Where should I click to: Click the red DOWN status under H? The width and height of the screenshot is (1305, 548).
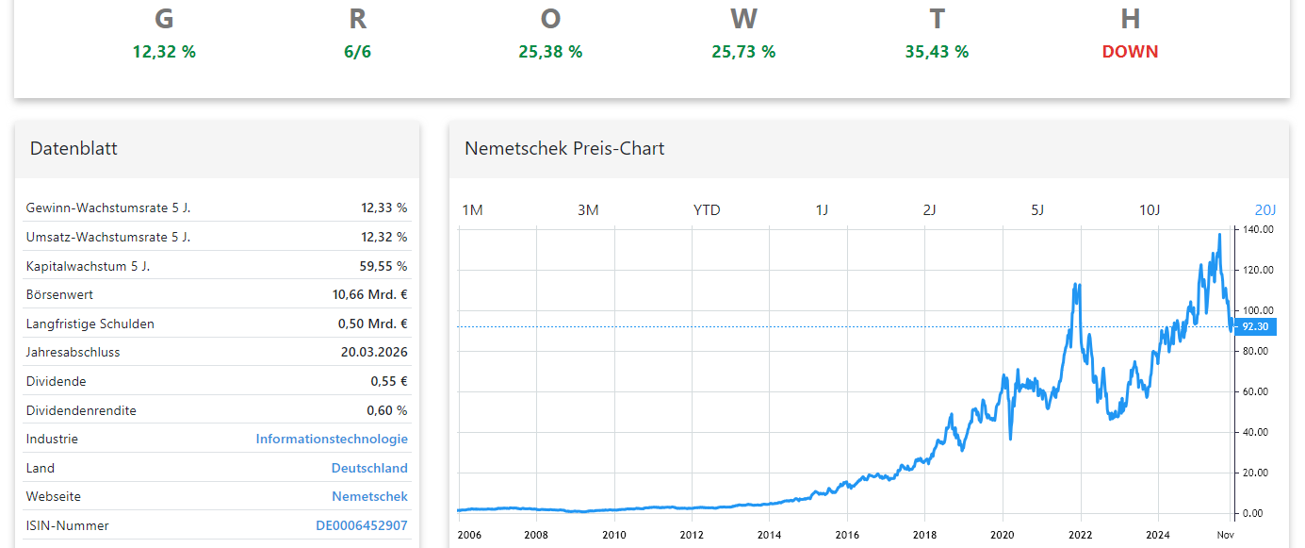coord(1130,52)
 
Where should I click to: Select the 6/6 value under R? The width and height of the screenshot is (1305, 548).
coord(357,52)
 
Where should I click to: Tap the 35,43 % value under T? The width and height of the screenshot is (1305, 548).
coord(937,52)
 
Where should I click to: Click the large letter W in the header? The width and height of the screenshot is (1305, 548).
coord(743,19)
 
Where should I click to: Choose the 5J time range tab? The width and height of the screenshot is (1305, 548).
coord(1037,209)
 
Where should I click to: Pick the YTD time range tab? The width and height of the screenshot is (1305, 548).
coord(707,209)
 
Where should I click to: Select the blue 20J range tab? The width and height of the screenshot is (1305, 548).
coord(1264,209)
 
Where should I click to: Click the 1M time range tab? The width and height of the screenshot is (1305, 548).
coord(472,209)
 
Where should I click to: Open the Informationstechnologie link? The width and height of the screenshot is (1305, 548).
coord(332,439)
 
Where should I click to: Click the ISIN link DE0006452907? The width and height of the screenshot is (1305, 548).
coord(361,525)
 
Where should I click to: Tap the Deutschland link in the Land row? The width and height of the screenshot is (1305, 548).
coord(369,468)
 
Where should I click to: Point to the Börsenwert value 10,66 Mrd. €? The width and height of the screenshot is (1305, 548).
coord(369,294)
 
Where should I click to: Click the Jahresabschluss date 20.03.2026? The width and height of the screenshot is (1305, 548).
coord(374,352)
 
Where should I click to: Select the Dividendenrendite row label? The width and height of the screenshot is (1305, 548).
coord(81,410)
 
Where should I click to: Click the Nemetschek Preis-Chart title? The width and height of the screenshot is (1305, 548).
coord(564,148)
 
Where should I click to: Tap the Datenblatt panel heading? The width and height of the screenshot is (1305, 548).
coord(73,148)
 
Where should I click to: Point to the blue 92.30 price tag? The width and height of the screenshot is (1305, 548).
coord(1255,326)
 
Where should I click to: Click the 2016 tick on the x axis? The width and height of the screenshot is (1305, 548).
coord(847,534)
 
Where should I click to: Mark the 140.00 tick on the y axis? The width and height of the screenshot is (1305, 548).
coord(1258,229)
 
